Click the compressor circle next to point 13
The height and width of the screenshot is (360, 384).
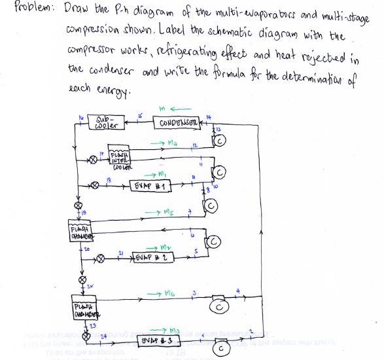(x=221, y=142)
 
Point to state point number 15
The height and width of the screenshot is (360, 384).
(x=139, y=116)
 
